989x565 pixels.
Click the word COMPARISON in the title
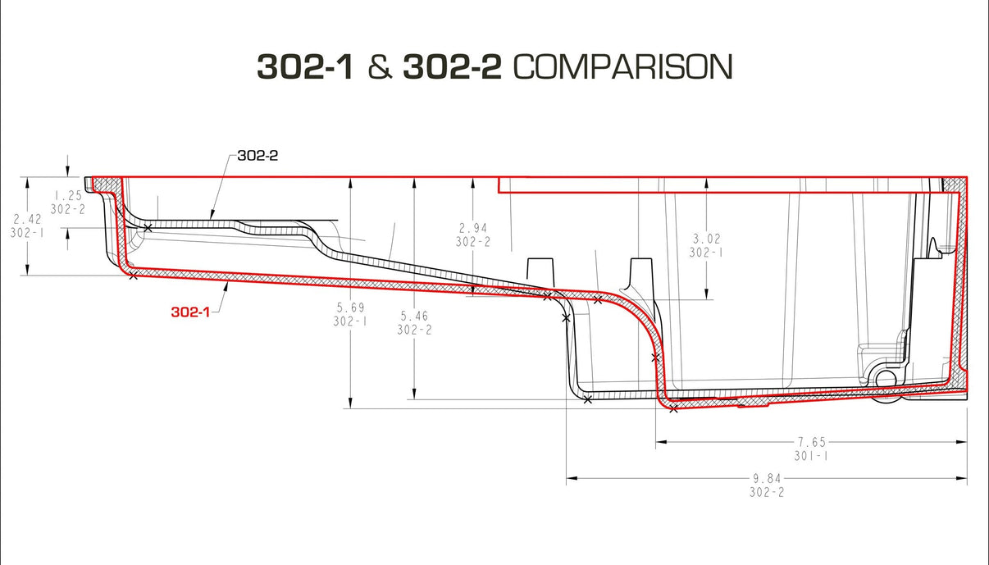click(x=622, y=67)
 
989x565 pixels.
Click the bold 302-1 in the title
click(x=305, y=67)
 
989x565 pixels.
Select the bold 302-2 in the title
click(x=452, y=67)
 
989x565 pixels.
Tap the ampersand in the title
click(x=378, y=67)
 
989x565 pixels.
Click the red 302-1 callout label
click(x=189, y=312)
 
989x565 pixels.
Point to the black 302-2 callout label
click(x=258, y=155)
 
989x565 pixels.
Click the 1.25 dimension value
click(x=67, y=196)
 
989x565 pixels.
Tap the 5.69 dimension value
click(x=349, y=308)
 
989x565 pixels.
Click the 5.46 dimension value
click(x=414, y=316)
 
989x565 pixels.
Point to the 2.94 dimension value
click(x=473, y=228)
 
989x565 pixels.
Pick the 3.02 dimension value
click(x=706, y=239)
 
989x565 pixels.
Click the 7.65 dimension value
click(x=810, y=442)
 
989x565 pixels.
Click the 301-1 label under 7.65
click(x=810, y=455)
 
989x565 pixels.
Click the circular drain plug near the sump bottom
click(x=886, y=378)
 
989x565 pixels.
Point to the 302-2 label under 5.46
click(x=414, y=330)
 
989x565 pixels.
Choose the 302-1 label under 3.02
click(x=706, y=253)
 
